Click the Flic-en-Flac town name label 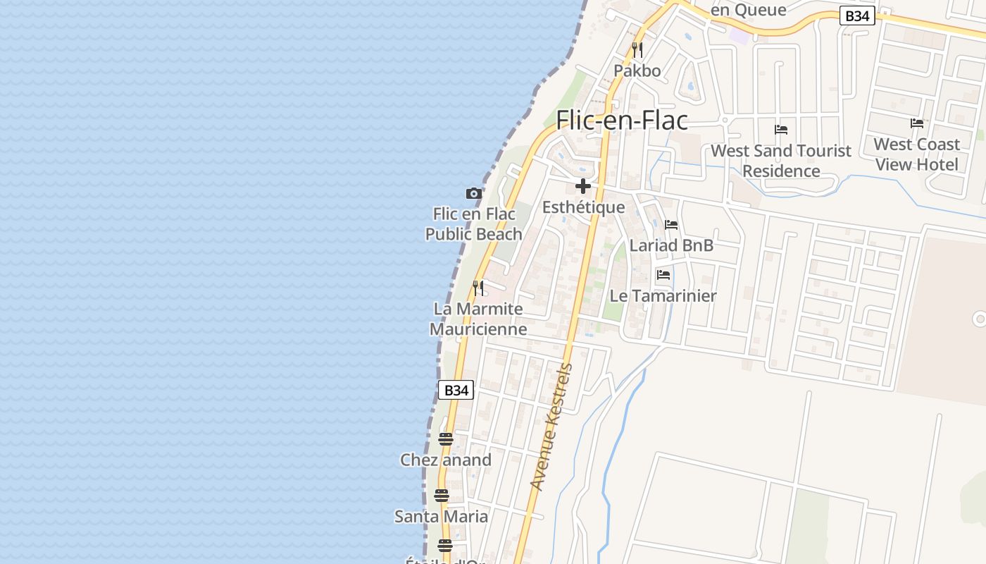(x=622, y=121)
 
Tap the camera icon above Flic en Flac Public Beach (x=474, y=193)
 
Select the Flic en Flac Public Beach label (x=474, y=224)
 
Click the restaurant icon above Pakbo (x=637, y=50)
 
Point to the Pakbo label (x=637, y=70)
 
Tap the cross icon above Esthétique (x=583, y=186)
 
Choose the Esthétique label (x=583, y=207)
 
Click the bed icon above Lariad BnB (x=671, y=225)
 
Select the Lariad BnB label (x=671, y=245)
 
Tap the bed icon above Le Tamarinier (x=663, y=275)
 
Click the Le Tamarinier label (x=663, y=296)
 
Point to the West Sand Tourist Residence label (x=781, y=161)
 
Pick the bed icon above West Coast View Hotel (x=917, y=123)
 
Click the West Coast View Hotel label (x=917, y=154)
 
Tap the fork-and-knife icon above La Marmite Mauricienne (x=478, y=288)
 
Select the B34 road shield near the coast (x=456, y=390)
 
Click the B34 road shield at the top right (x=857, y=16)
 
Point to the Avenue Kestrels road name (x=551, y=427)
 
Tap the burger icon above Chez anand (x=445, y=439)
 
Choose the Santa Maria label (x=441, y=517)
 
